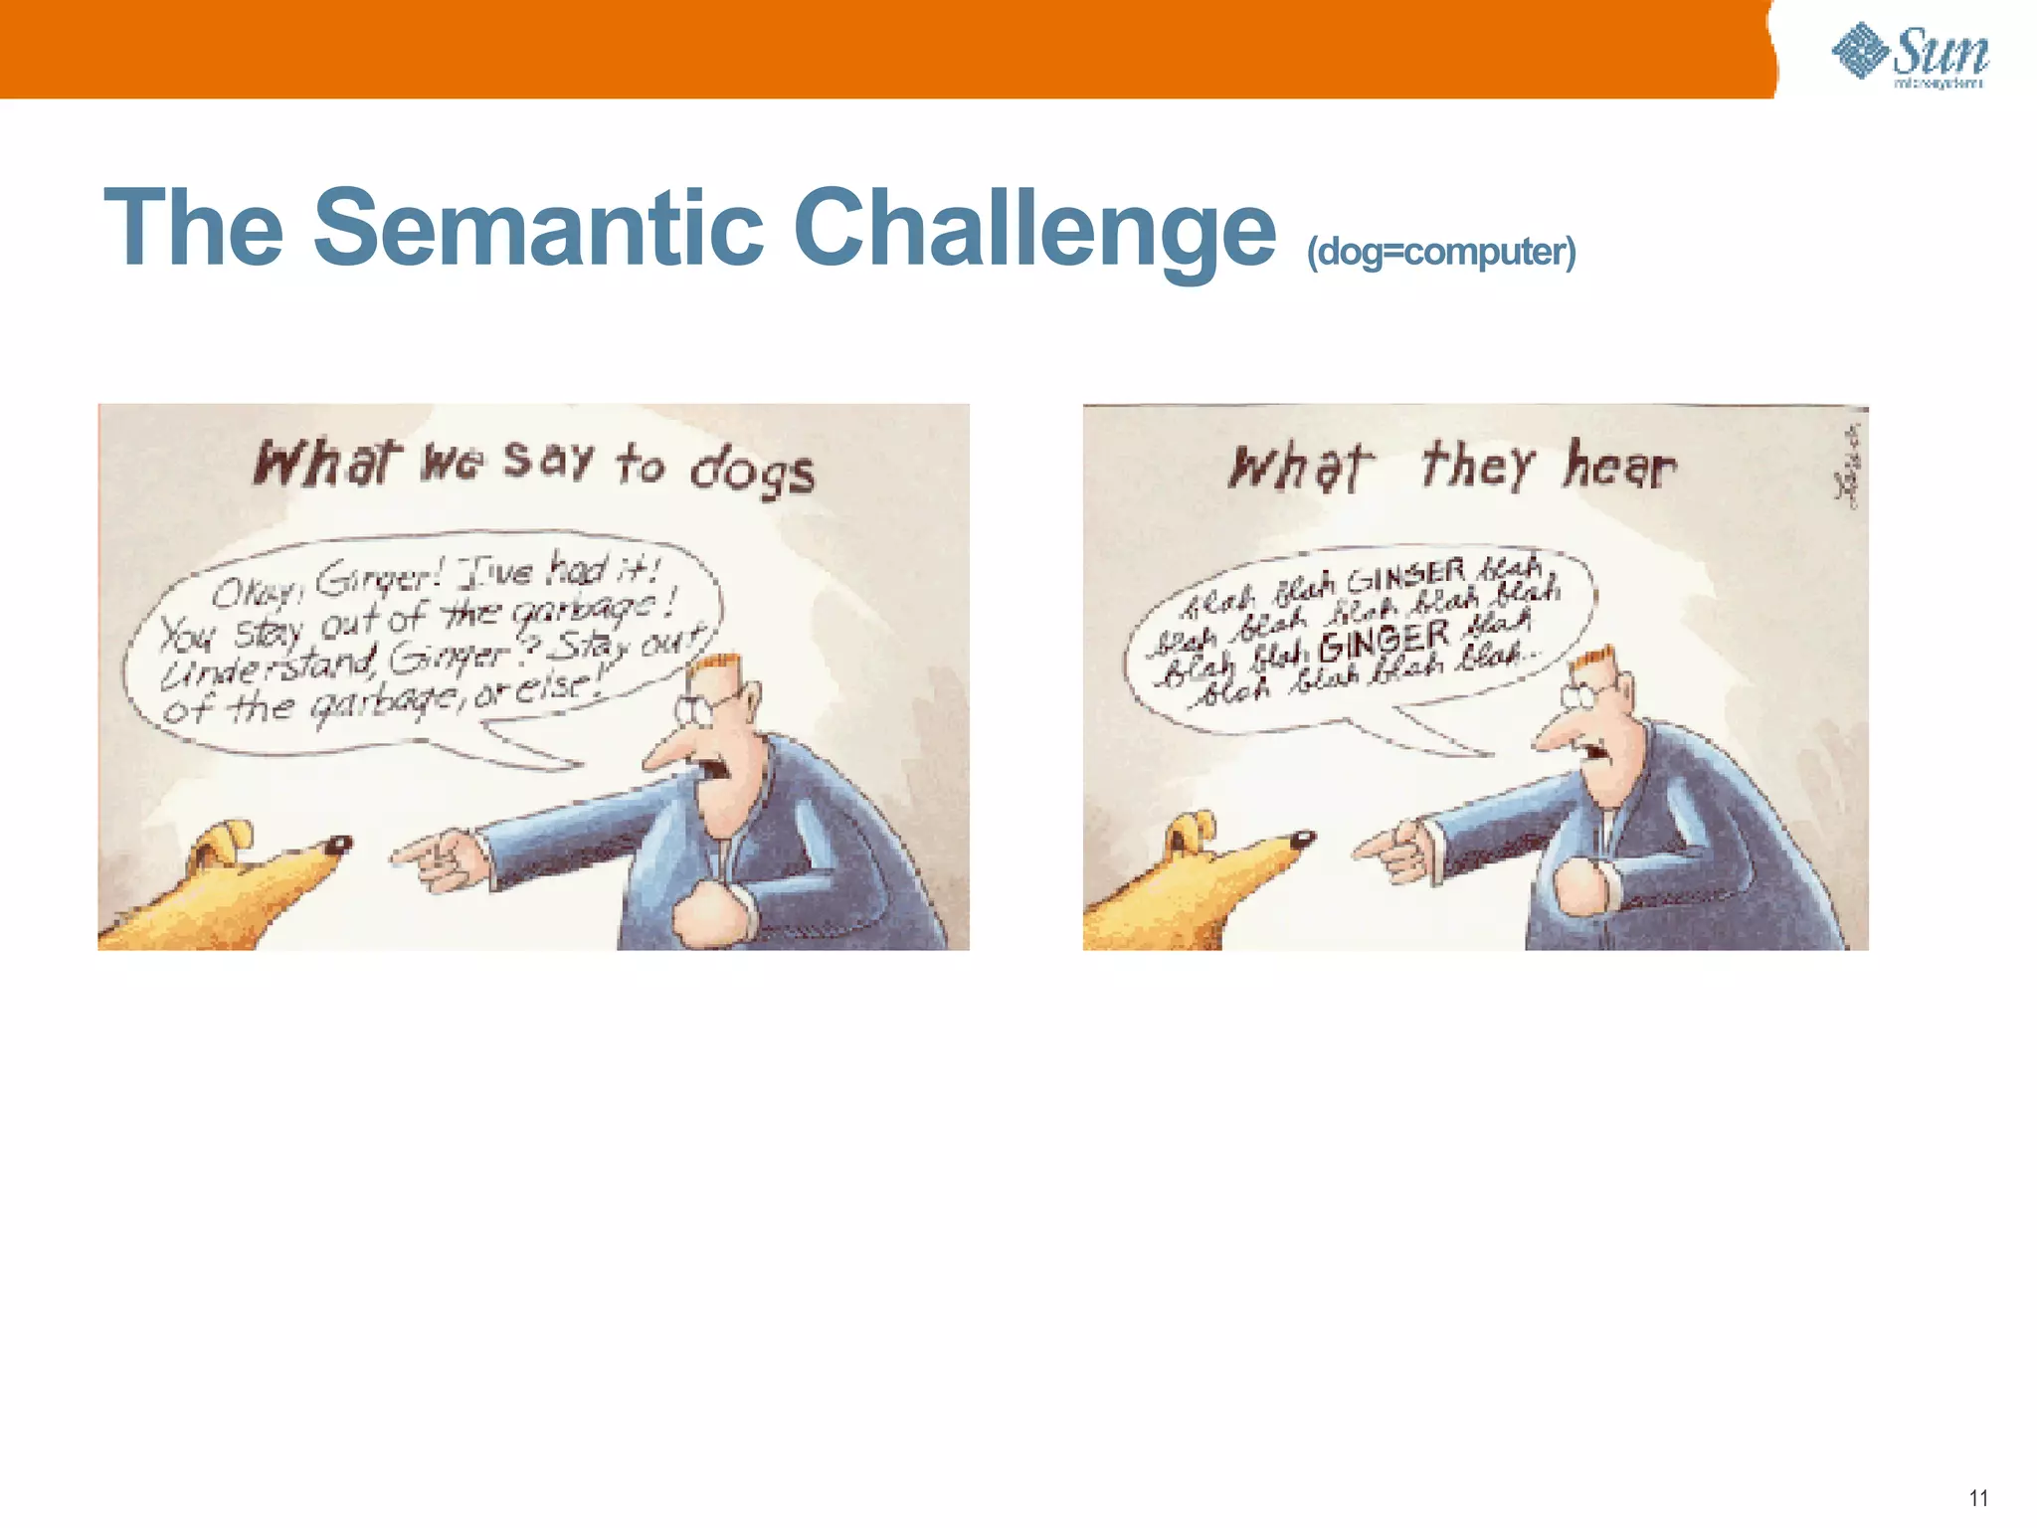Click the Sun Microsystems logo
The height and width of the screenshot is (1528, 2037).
1910,56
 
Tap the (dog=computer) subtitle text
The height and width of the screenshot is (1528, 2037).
1440,252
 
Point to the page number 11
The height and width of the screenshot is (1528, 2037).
1977,1498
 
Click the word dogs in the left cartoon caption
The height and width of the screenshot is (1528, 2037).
753,470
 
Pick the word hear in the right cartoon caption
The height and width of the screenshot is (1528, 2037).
1619,466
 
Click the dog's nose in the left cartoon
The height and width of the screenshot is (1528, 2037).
338,845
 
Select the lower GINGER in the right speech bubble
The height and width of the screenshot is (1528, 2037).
1385,643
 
